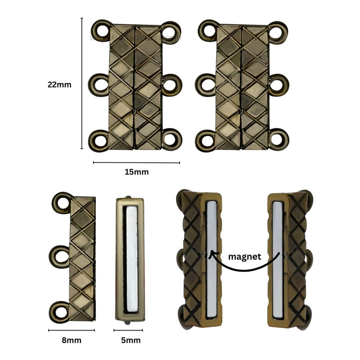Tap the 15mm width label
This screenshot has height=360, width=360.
[x=136, y=172]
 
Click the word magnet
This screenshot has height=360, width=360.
[x=245, y=256]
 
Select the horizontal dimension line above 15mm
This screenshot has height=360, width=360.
[x=136, y=162]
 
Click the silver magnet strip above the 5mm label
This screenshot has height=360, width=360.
[x=131, y=260]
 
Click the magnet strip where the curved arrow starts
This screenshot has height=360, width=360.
[x=278, y=260]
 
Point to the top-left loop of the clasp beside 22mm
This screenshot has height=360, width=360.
[x=101, y=30]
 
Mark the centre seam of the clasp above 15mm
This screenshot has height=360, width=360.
[x=135, y=85]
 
